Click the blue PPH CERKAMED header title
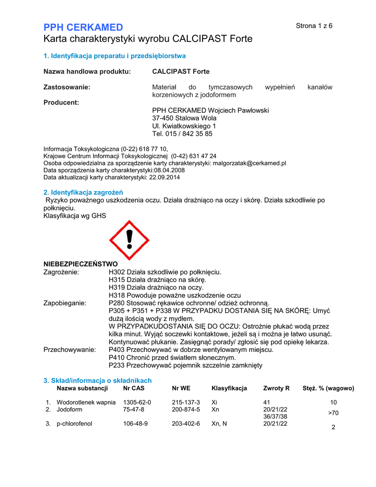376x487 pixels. coord(83,27)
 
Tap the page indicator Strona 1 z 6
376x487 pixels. coord(314,26)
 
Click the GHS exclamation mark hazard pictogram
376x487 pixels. coord(129,240)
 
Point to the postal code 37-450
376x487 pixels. coord(163,118)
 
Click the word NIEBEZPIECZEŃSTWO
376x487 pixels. coord(80,264)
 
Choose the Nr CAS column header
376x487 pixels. coord(134,388)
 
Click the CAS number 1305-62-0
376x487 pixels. coord(137,402)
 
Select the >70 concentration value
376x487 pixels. coord(333,413)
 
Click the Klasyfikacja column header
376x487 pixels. coord(229,388)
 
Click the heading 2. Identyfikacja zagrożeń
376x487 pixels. coord(83,193)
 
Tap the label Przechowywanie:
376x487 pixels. coord(69,350)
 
